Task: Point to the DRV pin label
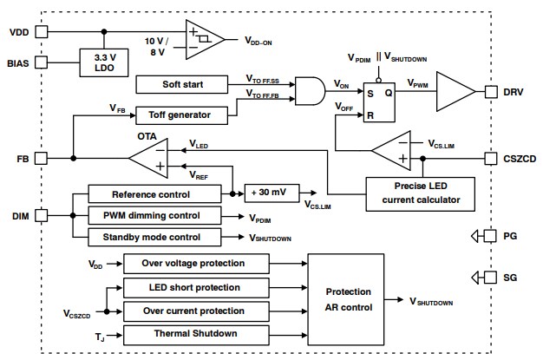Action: [514, 90]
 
